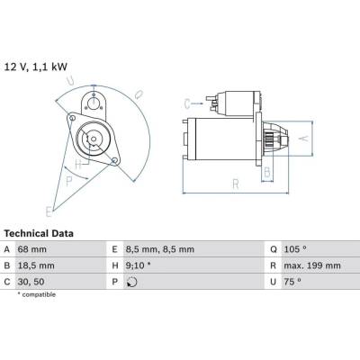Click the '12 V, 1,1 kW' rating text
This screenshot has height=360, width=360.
coord(36,67)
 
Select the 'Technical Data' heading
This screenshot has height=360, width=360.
coord(39,233)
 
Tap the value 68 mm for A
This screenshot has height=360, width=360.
coord(32,249)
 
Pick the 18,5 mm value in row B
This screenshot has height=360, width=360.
coord(36,265)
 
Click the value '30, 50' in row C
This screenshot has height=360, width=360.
coord(31,282)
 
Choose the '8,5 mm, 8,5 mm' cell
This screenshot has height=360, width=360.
coord(160,249)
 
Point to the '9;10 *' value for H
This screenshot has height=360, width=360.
coord(139,265)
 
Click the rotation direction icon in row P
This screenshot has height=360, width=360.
coord(132,282)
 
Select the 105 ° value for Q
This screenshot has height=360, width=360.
coord(295,249)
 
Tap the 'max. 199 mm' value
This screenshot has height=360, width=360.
coord(312,265)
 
